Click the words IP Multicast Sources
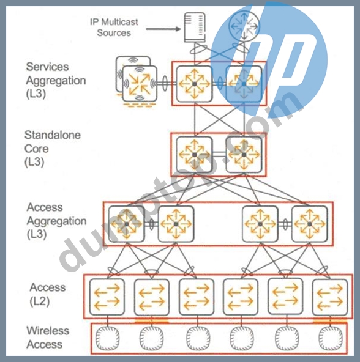coord(114,28)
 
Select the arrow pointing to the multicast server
coord(163,29)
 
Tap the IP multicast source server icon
coord(195,28)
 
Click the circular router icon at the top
coord(244,26)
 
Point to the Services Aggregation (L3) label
coord(56,80)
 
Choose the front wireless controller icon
coord(140,84)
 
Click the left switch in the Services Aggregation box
coord(195,84)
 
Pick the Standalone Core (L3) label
coord(53,148)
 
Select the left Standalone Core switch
coord(195,155)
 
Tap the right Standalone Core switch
coord(244,155)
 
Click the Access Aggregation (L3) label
coord(56,221)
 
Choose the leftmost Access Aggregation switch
coord(127,224)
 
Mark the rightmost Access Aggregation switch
coord(310,224)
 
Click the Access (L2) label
coord(47,294)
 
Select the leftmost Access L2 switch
coord(107,297)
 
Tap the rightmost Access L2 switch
coord(330,297)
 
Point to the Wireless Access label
coord(48,338)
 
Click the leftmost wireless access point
coord(108,338)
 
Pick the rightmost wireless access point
coord(331,338)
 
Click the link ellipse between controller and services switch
coord(165,83)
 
